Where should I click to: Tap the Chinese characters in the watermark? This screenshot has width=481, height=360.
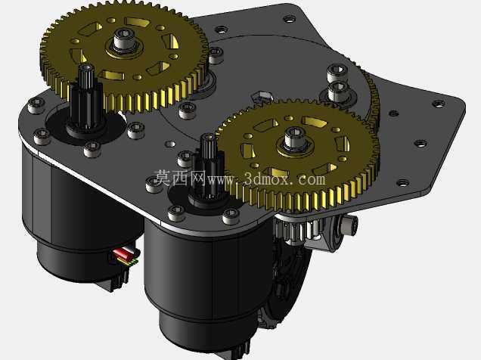point(180,178)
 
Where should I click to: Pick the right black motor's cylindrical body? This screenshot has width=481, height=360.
point(209,276)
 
